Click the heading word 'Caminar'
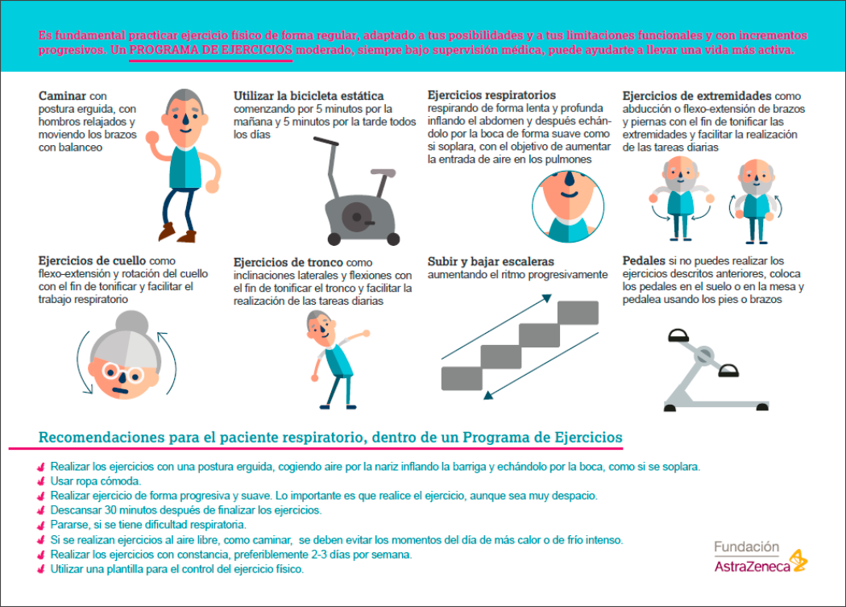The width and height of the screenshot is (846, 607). [x=62, y=96]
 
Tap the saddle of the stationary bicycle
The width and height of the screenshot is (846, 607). [x=383, y=173]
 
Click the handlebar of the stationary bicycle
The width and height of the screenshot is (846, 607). [x=326, y=142]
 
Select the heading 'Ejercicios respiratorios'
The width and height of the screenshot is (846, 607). [x=491, y=95]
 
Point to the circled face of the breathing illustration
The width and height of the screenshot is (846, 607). [x=567, y=206]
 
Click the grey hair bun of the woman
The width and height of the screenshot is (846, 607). [x=132, y=323]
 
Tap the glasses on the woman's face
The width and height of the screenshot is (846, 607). [x=123, y=372]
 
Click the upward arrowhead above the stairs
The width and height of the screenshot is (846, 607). [x=547, y=298]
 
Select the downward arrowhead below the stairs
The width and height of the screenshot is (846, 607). [x=488, y=395]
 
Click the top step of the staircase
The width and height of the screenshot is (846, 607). [x=578, y=313]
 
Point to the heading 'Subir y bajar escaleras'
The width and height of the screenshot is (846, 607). [x=491, y=261]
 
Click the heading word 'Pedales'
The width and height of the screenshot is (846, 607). [x=644, y=261]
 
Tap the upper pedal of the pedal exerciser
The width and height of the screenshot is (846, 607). [x=678, y=336]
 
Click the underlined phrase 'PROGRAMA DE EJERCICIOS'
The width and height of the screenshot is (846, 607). [x=211, y=50]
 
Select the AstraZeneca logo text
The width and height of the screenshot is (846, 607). [x=752, y=567]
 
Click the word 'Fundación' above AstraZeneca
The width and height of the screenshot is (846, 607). [x=746, y=547]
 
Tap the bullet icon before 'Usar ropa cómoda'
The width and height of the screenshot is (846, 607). [x=41, y=481]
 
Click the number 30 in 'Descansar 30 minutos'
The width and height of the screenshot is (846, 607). [x=110, y=510]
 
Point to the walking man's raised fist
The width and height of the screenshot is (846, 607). [x=153, y=136]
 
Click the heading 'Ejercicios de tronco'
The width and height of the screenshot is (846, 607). [x=288, y=263]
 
